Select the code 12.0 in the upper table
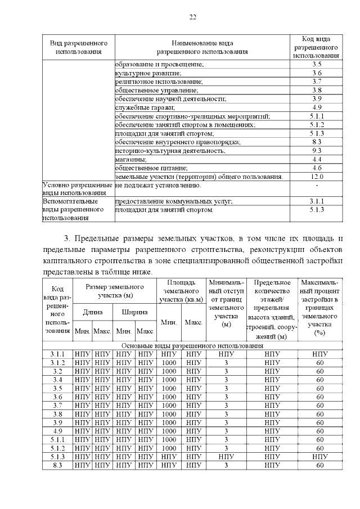tap(317, 177)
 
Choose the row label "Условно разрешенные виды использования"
tap(78, 189)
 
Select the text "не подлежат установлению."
tap(158, 185)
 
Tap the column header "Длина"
tap(93, 312)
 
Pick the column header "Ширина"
tap(134, 312)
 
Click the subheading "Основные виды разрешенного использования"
tap(192, 345)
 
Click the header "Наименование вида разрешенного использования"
tap(202, 48)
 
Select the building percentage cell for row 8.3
tap(320, 465)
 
